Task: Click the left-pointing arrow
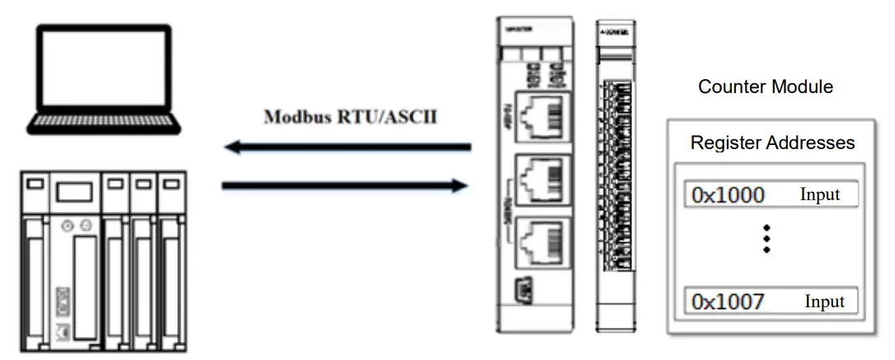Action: point(346,147)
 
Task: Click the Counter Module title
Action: point(765,86)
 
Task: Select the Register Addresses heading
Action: point(771,143)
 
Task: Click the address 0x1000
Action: point(728,195)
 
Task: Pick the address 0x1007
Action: point(728,302)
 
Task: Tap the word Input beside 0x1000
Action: point(819,195)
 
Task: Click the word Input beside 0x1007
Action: point(824,302)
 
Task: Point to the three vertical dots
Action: point(767,237)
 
